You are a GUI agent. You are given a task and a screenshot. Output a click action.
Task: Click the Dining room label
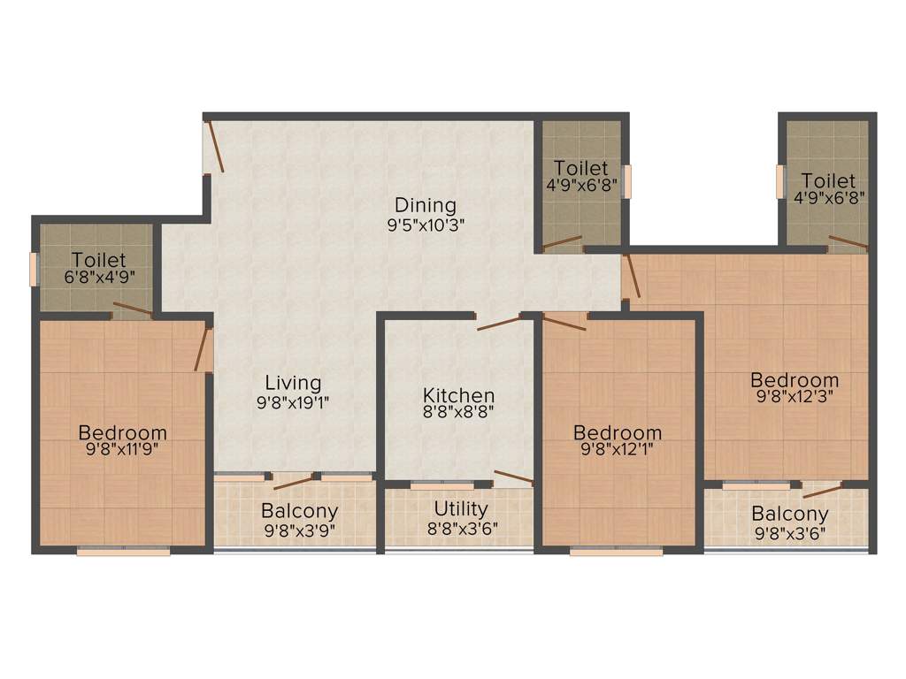426,205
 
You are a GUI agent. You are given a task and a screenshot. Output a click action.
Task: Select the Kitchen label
458,395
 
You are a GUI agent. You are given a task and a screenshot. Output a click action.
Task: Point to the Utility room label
460,509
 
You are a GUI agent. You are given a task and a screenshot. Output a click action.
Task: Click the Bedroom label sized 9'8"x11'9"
123,433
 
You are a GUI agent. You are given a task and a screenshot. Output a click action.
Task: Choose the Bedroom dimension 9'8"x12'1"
618,449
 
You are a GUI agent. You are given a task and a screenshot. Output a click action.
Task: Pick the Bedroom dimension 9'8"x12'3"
795,396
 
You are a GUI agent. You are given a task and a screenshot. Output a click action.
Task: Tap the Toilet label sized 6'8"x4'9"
99,261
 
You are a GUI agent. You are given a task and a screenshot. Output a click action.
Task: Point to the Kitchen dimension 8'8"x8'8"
458,411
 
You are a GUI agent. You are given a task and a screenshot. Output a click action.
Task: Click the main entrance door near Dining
215,147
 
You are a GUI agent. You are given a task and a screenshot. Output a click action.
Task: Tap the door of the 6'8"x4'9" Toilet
132,309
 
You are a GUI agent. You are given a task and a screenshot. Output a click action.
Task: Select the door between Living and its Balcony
294,482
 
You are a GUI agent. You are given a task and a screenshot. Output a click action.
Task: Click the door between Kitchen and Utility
513,479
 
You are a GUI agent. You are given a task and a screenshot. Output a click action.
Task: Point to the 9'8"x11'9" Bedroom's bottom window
123,552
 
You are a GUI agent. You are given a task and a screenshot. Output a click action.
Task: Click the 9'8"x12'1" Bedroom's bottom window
616,552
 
